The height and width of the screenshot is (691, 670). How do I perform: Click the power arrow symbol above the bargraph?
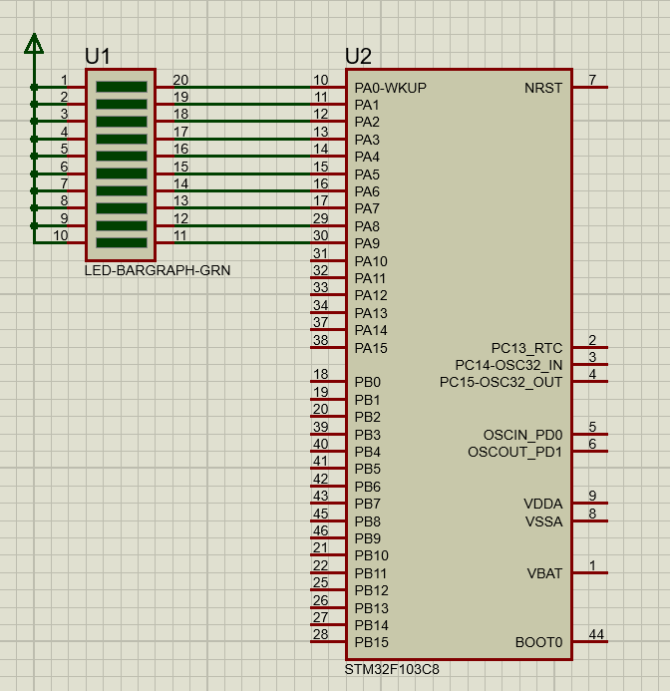34,44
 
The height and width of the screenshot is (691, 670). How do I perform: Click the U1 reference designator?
98,57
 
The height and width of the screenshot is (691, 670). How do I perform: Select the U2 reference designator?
358,57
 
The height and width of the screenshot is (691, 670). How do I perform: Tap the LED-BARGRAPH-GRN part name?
158,270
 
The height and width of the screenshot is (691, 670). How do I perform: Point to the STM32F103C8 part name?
392,669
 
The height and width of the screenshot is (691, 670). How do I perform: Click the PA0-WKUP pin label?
391,88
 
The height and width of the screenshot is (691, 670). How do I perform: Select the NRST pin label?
543,88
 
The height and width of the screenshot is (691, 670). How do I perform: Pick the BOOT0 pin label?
539,642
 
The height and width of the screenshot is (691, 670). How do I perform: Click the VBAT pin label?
544,573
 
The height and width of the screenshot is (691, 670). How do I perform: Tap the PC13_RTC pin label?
527,348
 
